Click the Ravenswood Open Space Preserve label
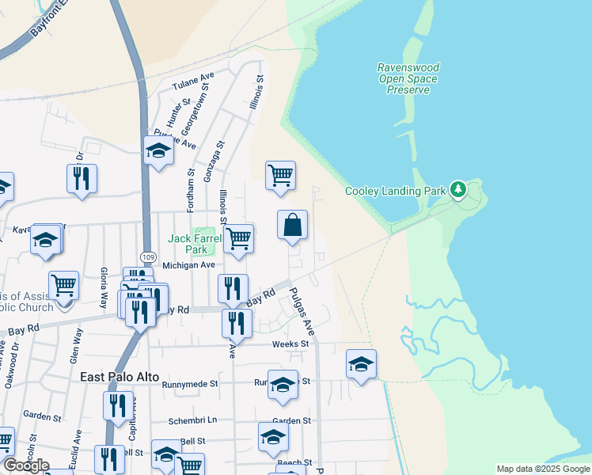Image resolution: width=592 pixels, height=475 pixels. click(x=408, y=78)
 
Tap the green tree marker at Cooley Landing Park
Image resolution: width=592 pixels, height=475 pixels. click(x=457, y=189)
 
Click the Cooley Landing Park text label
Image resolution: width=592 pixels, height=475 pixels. click(x=396, y=191)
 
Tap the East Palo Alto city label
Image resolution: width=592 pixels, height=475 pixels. click(x=120, y=377)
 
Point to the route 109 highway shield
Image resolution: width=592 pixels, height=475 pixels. click(x=148, y=257)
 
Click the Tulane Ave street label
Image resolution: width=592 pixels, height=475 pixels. click(x=193, y=82)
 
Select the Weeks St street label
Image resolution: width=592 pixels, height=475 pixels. click(x=290, y=344)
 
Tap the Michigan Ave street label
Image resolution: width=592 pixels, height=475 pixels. click(x=188, y=265)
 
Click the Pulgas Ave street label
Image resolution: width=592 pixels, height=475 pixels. click(x=302, y=312)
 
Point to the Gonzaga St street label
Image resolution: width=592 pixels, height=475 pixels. click(x=209, y=162)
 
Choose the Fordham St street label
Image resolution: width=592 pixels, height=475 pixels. click(x=191, y=190)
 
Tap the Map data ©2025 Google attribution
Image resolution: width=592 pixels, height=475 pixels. click(x=543, y=469)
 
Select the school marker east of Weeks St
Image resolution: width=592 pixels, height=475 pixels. click(x=361, y=364)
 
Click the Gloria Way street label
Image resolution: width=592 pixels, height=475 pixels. click(x=104, y=289)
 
